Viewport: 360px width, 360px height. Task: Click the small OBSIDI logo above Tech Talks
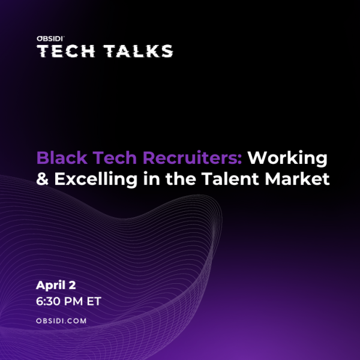point(50,38)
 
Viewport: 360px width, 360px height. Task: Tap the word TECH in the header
point(66,51)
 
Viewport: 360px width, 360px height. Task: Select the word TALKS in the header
point(138,51)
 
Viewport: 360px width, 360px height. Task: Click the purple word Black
point(62,157)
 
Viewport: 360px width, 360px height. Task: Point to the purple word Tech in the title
point(115,157)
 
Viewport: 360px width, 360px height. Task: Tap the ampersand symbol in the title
point(43,179)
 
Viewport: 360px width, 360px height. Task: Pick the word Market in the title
point(298,178)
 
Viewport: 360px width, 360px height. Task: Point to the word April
point(50,286)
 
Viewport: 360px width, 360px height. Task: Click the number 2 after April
point(72,285)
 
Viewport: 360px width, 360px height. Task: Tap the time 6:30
point(48,301)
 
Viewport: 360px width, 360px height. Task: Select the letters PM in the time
point(73,301)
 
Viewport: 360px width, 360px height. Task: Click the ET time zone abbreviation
point(94,301)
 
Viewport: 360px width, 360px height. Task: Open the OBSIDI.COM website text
point(61,321)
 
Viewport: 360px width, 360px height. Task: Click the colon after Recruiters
point(240,160)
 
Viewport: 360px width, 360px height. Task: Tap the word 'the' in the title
point(181,178)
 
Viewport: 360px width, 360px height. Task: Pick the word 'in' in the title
point(152,178)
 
